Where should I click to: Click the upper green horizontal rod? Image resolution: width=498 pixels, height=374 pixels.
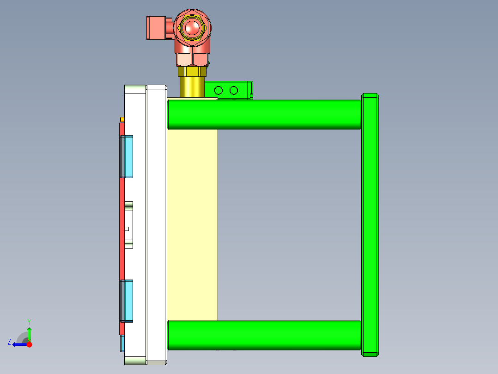[263, 114]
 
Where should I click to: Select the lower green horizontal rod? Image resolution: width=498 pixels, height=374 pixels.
[263, 335]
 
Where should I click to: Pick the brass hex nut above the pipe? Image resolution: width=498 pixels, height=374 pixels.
[192, 72]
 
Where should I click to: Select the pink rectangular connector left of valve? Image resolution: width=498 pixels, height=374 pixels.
[157, 28]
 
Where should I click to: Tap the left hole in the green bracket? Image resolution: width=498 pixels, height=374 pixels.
[219, 90]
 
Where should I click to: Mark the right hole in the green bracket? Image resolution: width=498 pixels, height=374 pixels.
[234, 90]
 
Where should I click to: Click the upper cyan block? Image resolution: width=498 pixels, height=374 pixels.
[127, 156]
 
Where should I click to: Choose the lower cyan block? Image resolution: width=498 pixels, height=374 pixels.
[127, 301]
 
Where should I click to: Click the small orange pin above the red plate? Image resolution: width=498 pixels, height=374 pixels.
[122, 120]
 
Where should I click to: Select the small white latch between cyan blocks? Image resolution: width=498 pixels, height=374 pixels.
[128, 225]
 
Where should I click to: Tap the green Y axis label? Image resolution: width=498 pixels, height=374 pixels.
[29, 321]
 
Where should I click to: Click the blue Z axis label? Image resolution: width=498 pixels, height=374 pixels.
[9, 342]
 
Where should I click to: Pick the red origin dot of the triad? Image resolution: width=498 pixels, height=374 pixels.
[29, 344]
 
